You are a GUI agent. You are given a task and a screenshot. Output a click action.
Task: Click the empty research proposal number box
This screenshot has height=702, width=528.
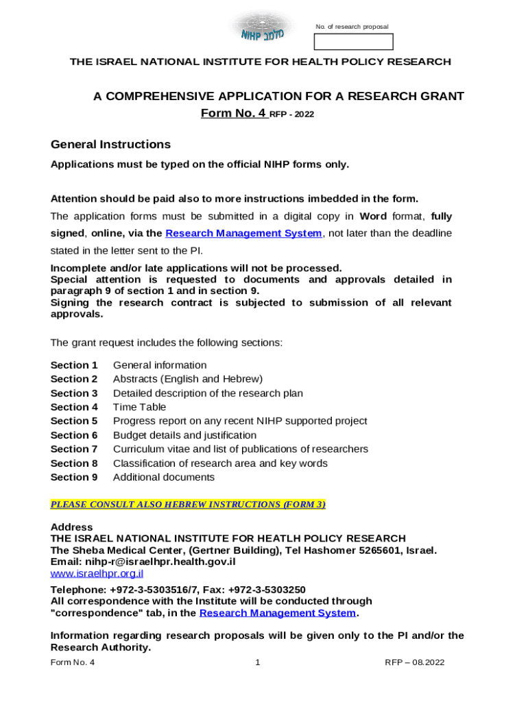click(353, 42)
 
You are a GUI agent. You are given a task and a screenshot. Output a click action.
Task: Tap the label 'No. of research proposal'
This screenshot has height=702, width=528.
click(352, 27)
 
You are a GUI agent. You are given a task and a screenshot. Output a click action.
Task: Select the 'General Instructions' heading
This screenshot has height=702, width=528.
click(110, 145)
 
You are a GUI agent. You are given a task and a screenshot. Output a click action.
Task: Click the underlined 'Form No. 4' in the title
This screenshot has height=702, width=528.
click(233, 113)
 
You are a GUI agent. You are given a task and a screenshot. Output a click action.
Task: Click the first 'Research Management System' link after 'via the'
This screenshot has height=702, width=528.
click(243, 234)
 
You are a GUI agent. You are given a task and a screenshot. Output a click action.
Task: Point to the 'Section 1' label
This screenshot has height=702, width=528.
click(74, 365)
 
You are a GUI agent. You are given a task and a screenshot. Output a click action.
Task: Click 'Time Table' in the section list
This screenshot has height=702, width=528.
click(139, 407)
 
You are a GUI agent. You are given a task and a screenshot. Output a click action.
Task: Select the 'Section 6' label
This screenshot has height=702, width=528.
click(74, 435)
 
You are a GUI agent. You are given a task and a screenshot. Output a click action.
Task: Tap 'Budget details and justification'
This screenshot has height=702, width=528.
click(184, 435)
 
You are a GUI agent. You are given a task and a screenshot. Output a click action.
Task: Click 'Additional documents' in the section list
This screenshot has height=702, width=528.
click(163, 477)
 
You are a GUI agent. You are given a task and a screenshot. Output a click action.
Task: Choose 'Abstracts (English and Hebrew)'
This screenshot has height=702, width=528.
click(187, 379)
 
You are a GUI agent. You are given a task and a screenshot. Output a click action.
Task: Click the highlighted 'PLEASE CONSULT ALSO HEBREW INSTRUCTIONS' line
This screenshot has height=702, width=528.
click(188, 505)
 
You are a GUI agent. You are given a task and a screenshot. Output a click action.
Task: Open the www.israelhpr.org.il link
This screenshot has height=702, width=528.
click(97, 573)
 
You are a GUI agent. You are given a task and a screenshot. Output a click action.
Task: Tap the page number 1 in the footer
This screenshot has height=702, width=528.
click(257, 663)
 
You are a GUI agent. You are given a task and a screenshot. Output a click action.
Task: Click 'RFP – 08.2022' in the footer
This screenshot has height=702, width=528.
click(415, 663)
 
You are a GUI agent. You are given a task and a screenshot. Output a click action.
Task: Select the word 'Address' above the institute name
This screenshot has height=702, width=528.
click(72, 527)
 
